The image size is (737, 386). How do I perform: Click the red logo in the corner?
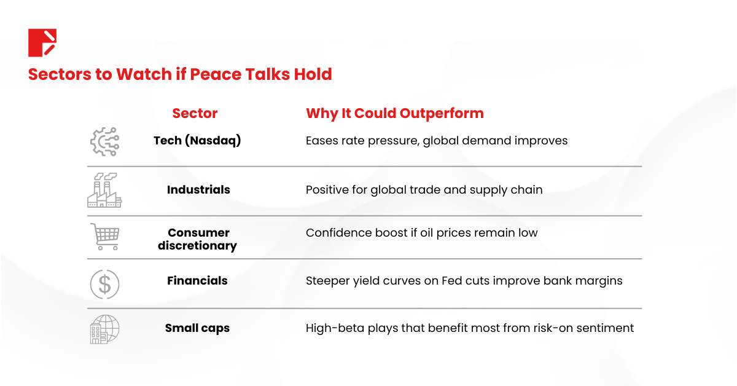(42, 42)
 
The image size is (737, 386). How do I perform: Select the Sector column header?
(195, 113)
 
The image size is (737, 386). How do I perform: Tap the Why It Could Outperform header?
(394, 113)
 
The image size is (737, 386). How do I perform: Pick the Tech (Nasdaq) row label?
(197, 141)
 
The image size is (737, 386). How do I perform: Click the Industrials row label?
(198, 190)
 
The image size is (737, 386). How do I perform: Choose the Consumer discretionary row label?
(197, 239)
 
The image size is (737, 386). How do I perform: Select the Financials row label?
(197, 281)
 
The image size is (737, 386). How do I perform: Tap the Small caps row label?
(197, 328)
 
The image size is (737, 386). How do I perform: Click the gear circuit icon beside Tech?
(104, 141)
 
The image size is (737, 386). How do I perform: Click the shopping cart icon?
(104, 237)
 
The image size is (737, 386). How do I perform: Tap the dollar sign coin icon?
(104, 283)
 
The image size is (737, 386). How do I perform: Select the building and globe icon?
(104, 329)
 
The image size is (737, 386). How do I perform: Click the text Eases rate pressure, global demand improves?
(436, 141)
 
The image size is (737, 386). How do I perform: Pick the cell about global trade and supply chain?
(424, 190)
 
